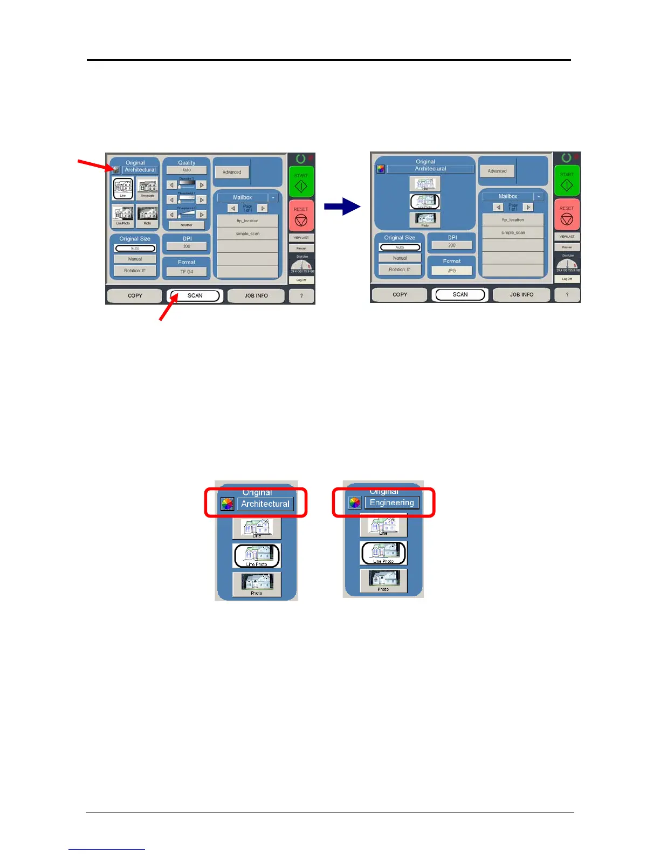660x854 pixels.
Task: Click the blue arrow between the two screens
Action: pos(342,206)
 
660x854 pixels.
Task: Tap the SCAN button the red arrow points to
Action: pos(195,295)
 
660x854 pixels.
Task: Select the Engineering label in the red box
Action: pos(392,502)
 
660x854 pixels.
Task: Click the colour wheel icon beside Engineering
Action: pos(355,503)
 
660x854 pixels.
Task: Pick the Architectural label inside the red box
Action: pos(265,504)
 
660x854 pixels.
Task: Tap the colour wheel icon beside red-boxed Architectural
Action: pos(228,504)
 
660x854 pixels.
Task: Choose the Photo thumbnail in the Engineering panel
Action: pos(383,580)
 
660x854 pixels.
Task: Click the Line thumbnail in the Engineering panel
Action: pos(383,525)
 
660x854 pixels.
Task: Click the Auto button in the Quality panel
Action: pos(187,170)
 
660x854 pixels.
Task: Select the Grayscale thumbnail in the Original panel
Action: pos(147,188)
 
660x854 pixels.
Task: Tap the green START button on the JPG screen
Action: pos(567,181)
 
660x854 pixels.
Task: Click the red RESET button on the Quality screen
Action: pos(301,216)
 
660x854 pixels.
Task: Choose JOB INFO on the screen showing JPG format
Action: pos(521,294)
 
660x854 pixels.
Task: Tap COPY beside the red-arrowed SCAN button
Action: pos(135,295)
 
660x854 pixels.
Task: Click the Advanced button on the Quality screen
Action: pos(232,172)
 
